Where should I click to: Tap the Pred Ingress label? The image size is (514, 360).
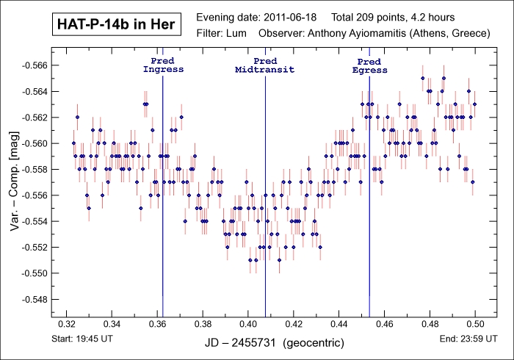click(163, 65)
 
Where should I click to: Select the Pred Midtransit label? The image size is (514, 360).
click(265, 65)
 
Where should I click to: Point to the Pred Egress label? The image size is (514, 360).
click(369, 65)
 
